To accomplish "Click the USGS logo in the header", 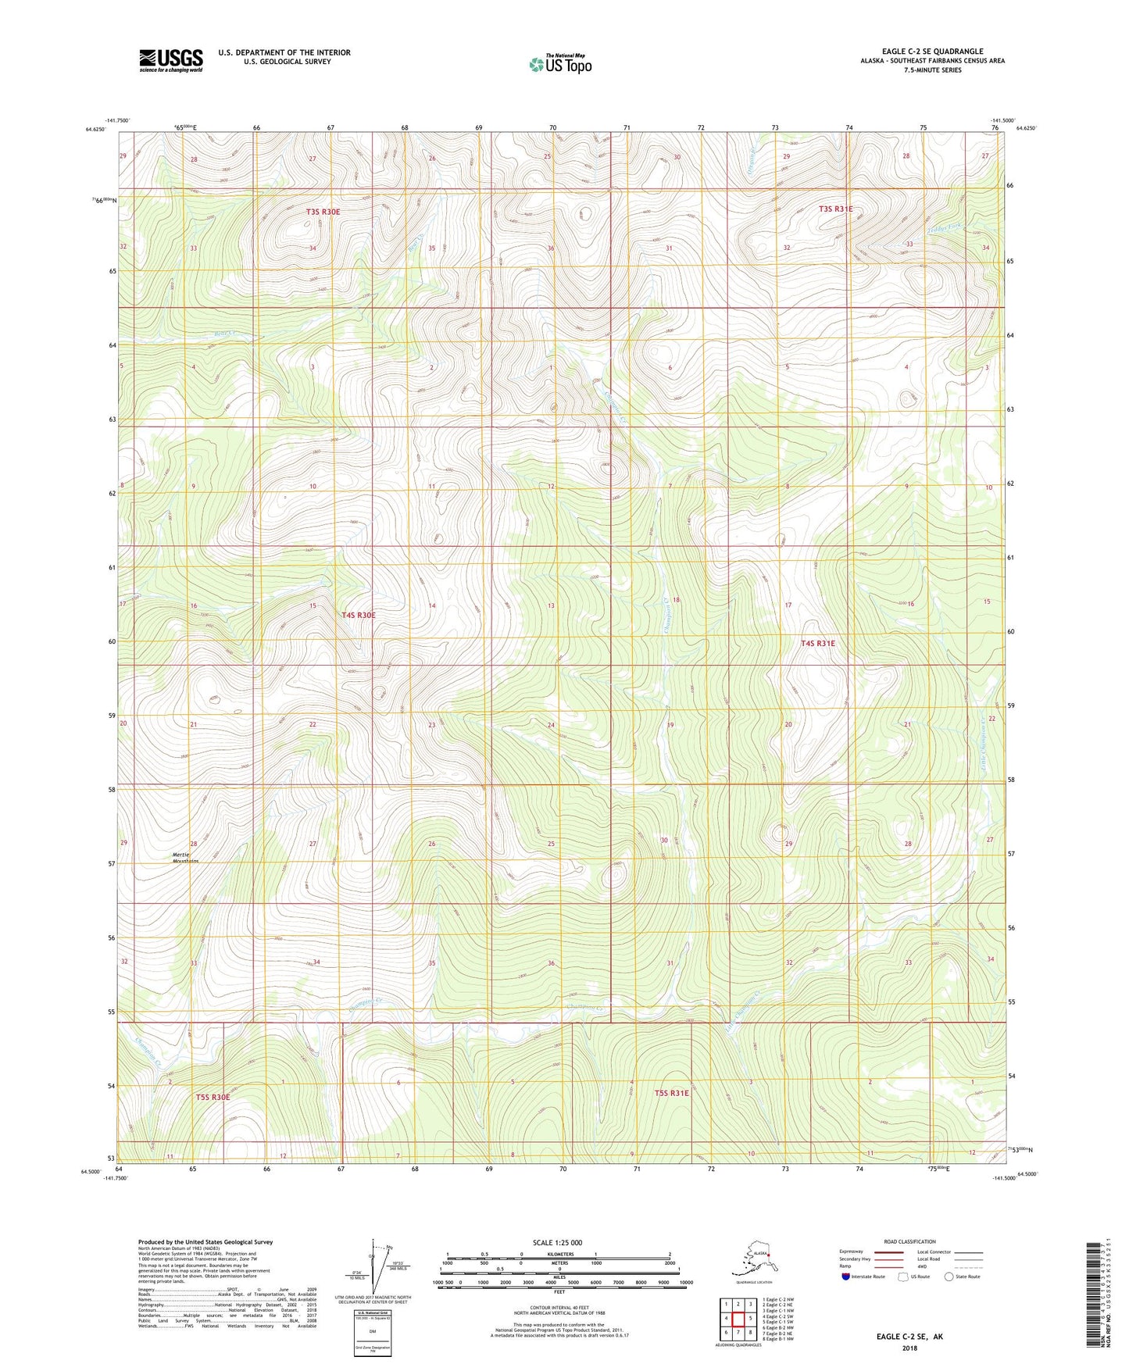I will [x=170, y=60].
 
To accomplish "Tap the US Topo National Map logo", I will [x=559, y=63].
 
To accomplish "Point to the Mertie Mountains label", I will [x=185, y=858].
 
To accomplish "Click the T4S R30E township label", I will [x=359, y=616].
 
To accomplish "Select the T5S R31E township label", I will [x=671, y=1093].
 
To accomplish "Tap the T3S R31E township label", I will [x=835, y=209].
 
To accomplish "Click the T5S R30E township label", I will [x=213, y=1098].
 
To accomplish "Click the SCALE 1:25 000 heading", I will [x=559, y=1243].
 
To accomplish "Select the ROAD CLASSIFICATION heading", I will [x=909, y=1241].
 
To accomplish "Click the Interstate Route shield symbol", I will [x=846, y=1277].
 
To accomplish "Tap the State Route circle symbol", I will [x=949, y=1277].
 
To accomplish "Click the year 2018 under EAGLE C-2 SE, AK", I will [x=909, y=1348].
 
